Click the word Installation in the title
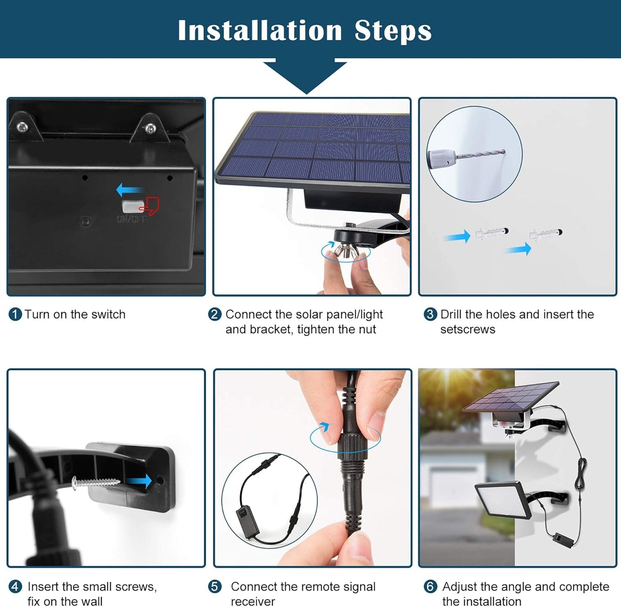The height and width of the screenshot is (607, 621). coord(260,31)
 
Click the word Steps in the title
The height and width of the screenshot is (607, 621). coord(393,31)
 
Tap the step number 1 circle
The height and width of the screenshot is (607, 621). coord(15,314)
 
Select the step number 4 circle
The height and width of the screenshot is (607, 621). coord(15,587)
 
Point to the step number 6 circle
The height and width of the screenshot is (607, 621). coord(430,587)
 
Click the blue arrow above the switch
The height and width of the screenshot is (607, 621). coord(129,189)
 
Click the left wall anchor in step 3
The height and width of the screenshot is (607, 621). coord(492,234)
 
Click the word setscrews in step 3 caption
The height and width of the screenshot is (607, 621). coord(468,330)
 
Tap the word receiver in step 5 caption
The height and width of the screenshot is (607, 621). coord(253,601)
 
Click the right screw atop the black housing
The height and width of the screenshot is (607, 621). coord(150,128)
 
